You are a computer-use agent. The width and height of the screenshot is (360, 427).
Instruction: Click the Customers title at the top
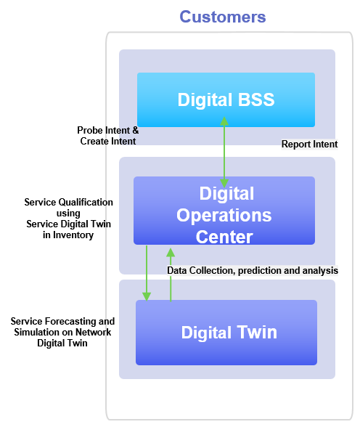(x=223, y=17)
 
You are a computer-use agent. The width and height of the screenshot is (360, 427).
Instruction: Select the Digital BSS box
(x=226, y=99)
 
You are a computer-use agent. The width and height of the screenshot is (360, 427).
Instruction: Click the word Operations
(x=224, y=215)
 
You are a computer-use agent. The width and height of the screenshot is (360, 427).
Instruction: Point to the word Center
(x=224, y=237)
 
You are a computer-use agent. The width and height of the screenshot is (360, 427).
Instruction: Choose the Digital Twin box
(x=226, y=333)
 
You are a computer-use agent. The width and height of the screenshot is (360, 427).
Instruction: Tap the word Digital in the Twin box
(x=206, y=333)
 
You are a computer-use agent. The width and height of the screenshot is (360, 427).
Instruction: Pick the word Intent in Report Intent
(x=325, y=145)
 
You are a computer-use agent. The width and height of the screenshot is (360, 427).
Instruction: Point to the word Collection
(x=213, y=271)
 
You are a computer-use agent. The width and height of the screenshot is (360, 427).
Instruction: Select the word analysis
(x=322, y=271)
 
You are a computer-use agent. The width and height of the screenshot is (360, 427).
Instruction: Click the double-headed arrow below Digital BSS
(x=224, y=152)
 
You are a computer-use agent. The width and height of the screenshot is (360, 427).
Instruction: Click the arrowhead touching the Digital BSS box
(x=224, y=121)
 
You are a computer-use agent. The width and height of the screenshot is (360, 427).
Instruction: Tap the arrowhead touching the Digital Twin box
(x=147, y=296)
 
